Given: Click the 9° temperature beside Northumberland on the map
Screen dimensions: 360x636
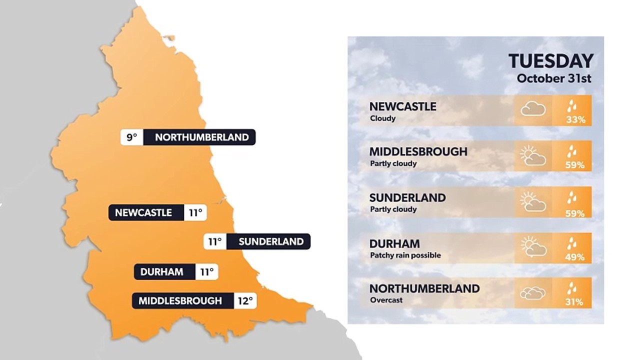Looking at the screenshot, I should [x=131, y=137].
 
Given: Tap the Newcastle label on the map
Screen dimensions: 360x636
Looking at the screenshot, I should [x=143, y=212].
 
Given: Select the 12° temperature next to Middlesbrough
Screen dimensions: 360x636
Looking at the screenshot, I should [x=245, y=301].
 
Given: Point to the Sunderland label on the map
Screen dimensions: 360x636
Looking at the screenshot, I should [x=271, y=241].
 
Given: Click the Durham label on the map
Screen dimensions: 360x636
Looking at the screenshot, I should [x=161, y=272].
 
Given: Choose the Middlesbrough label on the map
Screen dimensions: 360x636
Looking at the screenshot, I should [x=180, y=301].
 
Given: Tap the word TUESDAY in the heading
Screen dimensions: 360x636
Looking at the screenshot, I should [x=551, y=61].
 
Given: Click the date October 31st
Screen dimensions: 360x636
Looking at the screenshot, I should [x=554, y=78].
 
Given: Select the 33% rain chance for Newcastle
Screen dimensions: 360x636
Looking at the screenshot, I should [x=575, y=120].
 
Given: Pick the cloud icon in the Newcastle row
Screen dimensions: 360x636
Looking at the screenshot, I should [x=533, y=109].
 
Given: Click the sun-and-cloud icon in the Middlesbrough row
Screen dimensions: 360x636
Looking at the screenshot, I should [x=533, y=156].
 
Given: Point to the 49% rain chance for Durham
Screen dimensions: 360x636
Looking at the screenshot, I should [x=575, y=257].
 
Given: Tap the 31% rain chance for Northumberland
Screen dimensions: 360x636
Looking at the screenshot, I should [x=575, y=302].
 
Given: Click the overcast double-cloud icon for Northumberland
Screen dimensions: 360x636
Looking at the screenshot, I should [x=533, y=293].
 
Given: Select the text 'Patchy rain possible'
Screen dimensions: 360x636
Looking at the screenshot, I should [x=405, y=255].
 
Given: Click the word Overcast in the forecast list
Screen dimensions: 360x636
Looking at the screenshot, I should [x=386, y=300].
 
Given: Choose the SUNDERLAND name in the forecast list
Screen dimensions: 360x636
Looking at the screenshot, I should [x=407, y=197].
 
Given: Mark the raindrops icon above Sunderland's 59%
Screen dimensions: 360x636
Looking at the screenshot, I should [x=571, y=198].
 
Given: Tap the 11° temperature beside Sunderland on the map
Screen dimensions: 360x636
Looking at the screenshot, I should [x=215, y=241].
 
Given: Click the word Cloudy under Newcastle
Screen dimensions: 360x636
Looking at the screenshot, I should [x=382, y=118].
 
